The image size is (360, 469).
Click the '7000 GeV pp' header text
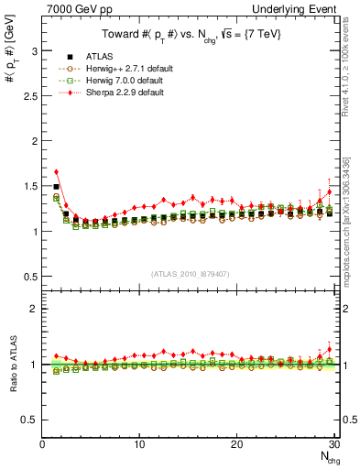[75, 7]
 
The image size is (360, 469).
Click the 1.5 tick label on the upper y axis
[29, 186]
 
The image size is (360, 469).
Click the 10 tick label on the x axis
[139, 445]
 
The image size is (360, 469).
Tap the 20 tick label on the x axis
[236, 445]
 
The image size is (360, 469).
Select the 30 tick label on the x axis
[333, 445]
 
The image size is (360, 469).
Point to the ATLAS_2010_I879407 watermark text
[191, 273]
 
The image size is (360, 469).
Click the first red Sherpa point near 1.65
[56, 171]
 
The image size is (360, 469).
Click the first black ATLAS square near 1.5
[56, 186]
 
